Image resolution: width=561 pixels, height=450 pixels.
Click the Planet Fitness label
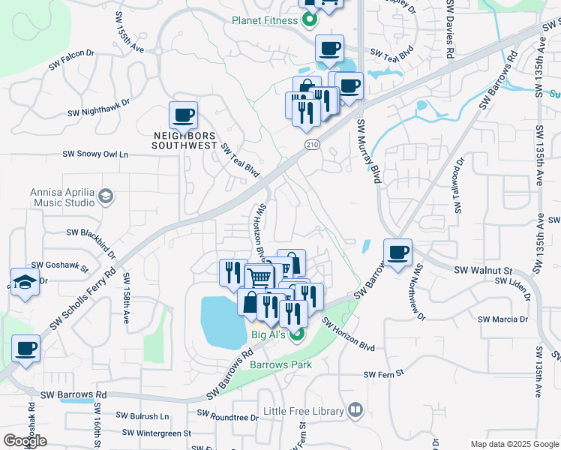click(x=265, y=20)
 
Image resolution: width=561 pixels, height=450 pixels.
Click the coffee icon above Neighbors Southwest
click(x=183, y=116)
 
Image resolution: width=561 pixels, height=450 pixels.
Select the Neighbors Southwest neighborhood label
click(x=184, y=140)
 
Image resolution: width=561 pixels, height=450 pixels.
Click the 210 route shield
click(x=312, y=143)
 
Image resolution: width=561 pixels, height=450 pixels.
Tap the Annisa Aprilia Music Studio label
click(x=62, y=197)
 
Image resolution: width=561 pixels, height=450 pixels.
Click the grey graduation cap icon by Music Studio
click(x=106, y=196)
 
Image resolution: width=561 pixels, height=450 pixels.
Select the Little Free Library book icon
click(x=355, y=410)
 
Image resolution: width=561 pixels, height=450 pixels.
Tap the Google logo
click(x=25, y=441)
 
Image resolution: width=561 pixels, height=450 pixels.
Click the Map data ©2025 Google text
click(x=514, y=444)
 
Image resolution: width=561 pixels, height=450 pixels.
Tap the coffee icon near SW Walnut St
click(x=397, y=253)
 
